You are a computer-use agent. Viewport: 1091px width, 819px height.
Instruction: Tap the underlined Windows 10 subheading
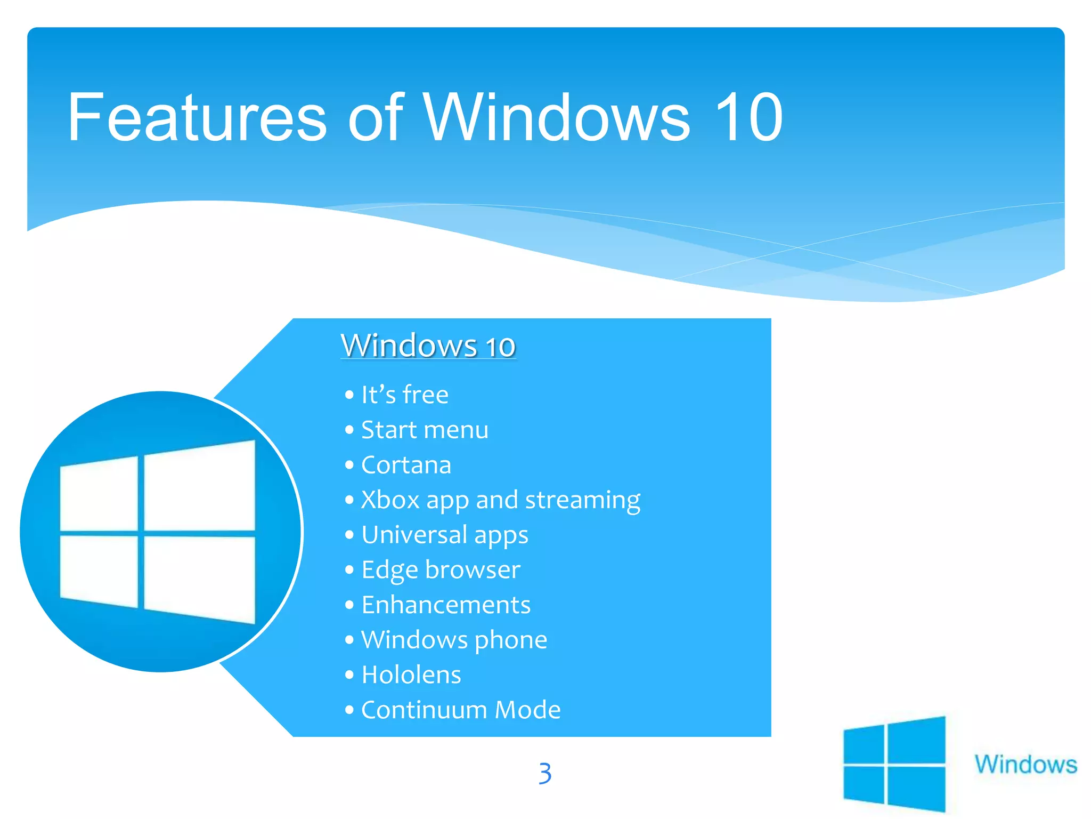pyautogui.click(x=428, y=346)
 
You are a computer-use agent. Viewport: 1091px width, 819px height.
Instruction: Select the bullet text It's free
pyautogui.click(x=405, y=395)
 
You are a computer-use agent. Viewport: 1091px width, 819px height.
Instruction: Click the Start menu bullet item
pyautogui.click(x=425, y=430)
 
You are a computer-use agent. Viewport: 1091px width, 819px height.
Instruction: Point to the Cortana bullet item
pyautogui.click(x=406, y=465)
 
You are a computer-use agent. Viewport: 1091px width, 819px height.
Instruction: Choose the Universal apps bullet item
pyautogui.click(x=445, y=535)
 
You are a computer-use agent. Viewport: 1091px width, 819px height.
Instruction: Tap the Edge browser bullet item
pyautogui.click(x=441, y=570)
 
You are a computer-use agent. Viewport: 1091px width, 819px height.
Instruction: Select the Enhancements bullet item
pyautogui.click(x=446, y=605)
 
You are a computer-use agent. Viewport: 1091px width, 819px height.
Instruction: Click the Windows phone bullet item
pyautogui.click(x=454, y=640)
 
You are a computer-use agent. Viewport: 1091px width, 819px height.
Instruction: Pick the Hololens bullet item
pyautogui.click(x=411, y=675)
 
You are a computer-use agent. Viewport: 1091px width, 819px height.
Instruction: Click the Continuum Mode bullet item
pyautogui.click(x=461, y=710)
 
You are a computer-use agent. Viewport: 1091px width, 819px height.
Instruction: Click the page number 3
pyautogui.click(x=544, y=773)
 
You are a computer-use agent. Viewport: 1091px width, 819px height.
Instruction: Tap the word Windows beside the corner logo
pyautogui.click(x=1025, y=764)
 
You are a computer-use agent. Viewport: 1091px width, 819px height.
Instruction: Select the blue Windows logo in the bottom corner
pyautogui.click(x=894, y=764)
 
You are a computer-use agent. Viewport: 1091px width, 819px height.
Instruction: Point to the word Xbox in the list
pyautogui.click(x=390, y=500)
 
